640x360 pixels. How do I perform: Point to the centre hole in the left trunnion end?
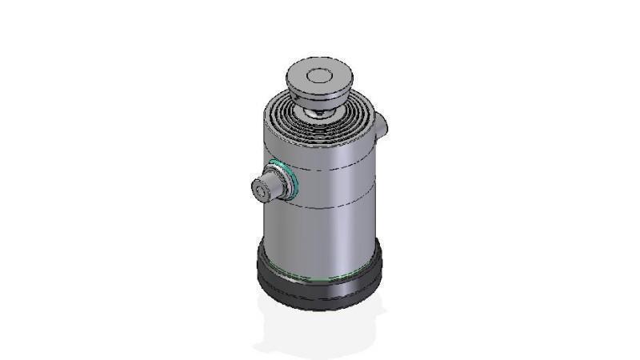click(261, 191)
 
